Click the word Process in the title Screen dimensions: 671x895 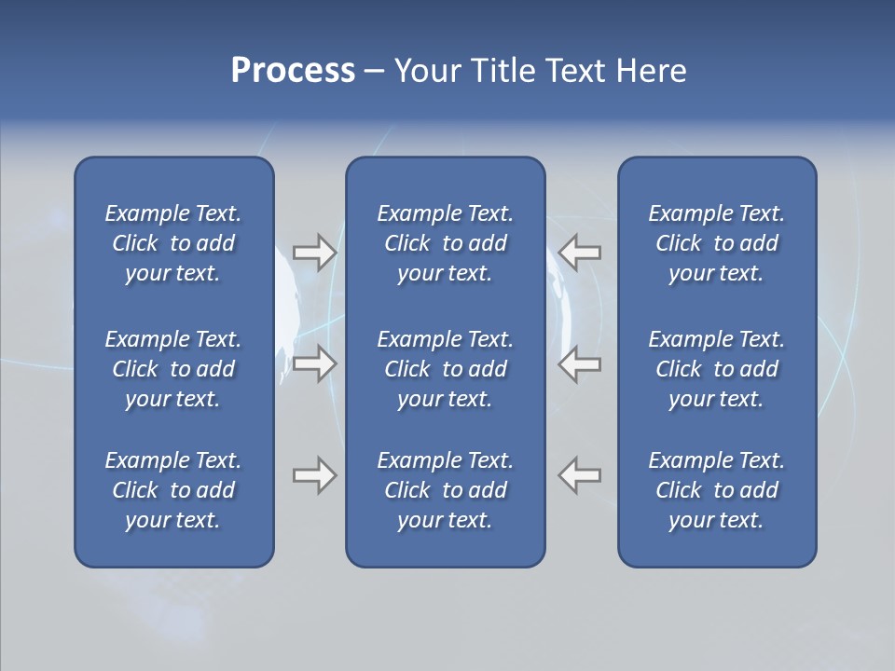tap(293, 71)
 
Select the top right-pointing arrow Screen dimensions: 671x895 tap(314, 253)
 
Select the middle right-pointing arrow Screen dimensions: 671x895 tap(314, 363)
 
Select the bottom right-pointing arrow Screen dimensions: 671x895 tap(314, 475)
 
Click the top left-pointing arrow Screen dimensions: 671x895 tap(580, 253)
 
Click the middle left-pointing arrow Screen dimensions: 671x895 tap(580, 363)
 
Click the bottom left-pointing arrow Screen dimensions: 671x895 tap(580, 475)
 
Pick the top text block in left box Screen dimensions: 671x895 tap(173, 243)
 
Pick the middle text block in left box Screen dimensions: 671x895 tap(173, 369)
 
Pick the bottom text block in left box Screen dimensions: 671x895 tap(173, 490)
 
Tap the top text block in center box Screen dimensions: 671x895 tap(445, 243)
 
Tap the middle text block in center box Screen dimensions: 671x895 tap(445, 369)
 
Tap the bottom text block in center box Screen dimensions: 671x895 tap(445, 490)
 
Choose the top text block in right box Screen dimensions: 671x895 tap(716, 243)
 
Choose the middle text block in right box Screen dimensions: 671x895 tap(716, 369)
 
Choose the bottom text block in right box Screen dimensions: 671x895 tap(716, 490)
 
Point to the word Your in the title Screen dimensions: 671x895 tap(425, 71)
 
